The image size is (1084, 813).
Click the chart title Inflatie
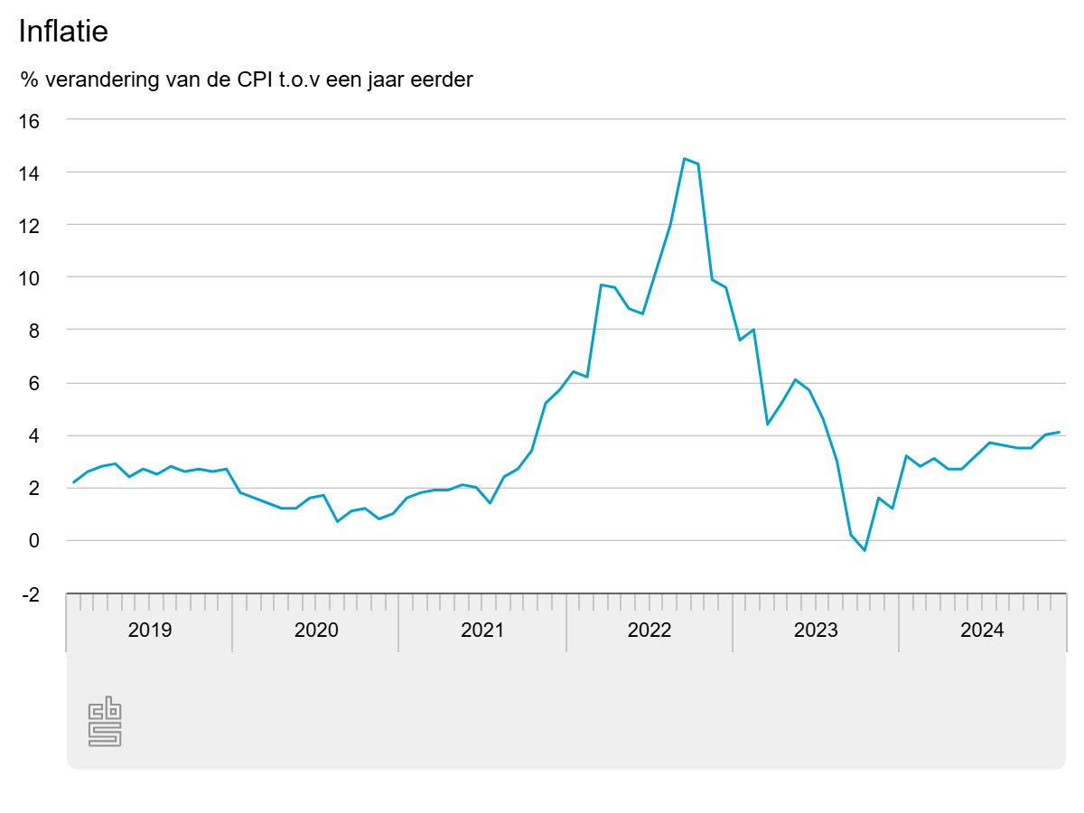click(63, 32)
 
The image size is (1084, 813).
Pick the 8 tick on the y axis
click(35, 331)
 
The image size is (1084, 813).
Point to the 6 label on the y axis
click(35, 383)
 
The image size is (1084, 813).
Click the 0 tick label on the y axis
click(35, 541)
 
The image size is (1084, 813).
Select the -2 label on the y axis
click(31, 594)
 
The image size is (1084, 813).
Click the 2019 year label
click(150, 631)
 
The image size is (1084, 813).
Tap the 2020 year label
click(316, 631)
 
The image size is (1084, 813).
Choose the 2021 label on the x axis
click(482, 631)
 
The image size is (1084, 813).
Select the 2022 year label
click(649, 631)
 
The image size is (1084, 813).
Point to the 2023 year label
click(816, 631)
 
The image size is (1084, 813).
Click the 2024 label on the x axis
click(982, 631)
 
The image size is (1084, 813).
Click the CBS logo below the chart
click(105, 722)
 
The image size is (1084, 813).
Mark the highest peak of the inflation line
click(685, 159)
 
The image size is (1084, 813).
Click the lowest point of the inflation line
click(864, 550)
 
